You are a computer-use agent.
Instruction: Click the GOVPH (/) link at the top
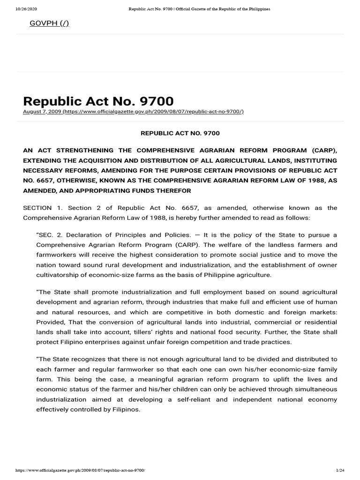coord(49,23)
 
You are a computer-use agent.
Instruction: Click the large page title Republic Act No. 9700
coord(98,101)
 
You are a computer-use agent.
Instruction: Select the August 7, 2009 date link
coord(42,111)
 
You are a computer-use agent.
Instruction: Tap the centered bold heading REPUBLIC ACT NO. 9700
coord(180,133)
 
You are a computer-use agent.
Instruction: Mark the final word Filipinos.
coord(124,409)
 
